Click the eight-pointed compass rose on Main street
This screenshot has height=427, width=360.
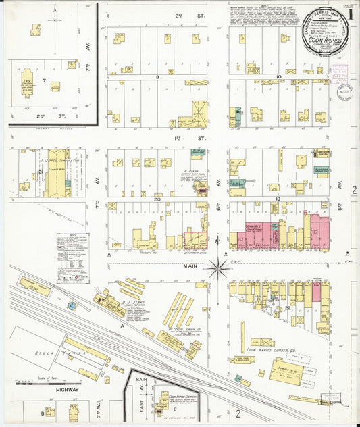(218, 268)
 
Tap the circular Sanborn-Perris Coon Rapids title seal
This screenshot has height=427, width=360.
(322, 39)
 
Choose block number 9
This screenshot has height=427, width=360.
(157, 77)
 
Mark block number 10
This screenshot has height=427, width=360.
(278, 77)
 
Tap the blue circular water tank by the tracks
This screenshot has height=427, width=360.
(72, 305)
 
